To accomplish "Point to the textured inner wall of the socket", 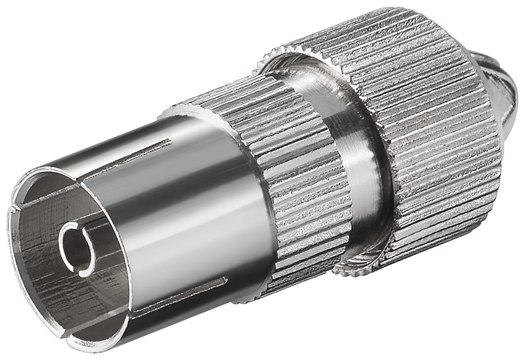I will tap(43, 265).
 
